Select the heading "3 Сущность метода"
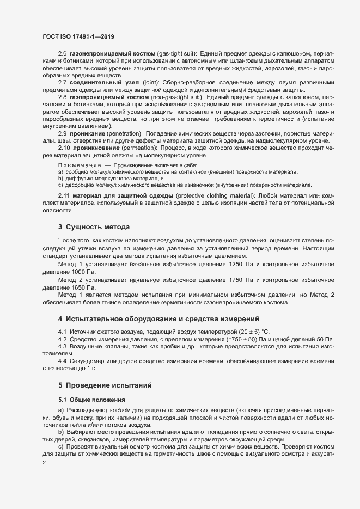click(x=93, y=226)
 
